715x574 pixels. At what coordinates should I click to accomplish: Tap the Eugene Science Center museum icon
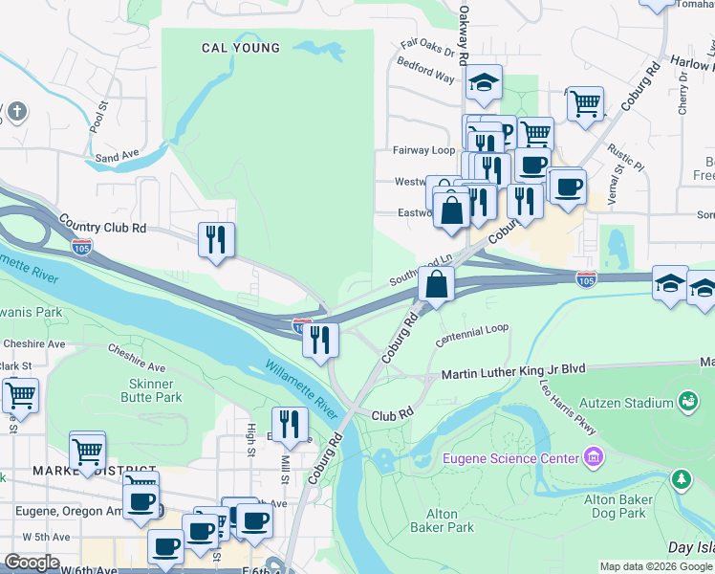click(x=595, y=458)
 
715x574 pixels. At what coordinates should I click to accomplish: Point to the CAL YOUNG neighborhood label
click(x=241, y=48)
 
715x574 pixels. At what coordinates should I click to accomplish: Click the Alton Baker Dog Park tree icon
click(x=681, y=477)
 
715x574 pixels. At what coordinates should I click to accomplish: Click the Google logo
click(x=32, y=563)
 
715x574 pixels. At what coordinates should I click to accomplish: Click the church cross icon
click(x=14, y=113)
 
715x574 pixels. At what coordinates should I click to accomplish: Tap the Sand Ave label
click(x=118, y=156)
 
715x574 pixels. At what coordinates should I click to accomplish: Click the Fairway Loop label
click(x=423, y=150)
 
